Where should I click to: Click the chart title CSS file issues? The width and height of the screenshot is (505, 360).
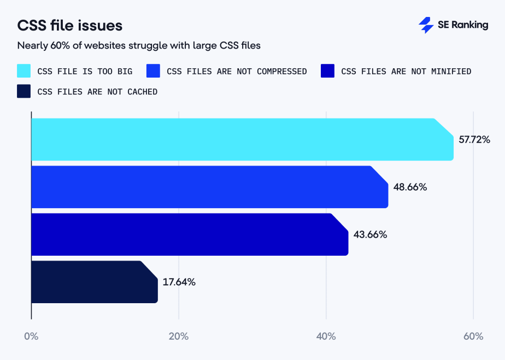70,26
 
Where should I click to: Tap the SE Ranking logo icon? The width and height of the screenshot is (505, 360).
426,25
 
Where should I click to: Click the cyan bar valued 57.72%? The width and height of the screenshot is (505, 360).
240,139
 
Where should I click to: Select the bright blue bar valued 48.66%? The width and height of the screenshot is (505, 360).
208,187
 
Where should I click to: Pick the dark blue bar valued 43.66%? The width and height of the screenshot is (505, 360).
189,234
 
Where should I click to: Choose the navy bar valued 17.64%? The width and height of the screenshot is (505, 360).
93,282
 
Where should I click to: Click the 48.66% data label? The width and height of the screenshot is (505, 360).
410,187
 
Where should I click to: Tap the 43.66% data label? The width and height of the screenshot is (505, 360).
371,235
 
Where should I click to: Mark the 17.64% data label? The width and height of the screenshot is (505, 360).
179,282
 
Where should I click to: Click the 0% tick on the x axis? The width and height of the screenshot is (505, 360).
31,337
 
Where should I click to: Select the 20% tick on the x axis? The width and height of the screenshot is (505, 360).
178,337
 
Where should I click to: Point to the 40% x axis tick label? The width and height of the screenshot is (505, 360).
326,337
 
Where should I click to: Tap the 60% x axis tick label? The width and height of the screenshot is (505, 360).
473,337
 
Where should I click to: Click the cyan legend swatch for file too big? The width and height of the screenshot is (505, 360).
24,71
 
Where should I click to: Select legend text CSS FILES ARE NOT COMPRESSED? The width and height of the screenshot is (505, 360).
236,72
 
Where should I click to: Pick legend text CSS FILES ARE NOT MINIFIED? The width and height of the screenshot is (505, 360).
406,72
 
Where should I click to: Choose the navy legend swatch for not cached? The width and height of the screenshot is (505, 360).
24,92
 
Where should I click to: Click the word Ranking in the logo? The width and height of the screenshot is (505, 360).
469,25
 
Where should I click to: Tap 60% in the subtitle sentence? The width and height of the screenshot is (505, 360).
60,46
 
